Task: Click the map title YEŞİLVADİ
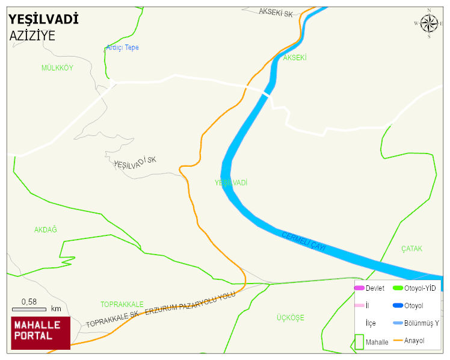(44, 19)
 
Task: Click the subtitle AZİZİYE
(32, 36)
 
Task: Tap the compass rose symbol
(429, 23)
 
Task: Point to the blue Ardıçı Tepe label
(122, 48)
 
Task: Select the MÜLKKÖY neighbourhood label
(57, 68)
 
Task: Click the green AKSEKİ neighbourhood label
(295, 58)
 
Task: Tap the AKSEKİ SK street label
(276, 13)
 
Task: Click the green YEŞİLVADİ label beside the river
(231, 182)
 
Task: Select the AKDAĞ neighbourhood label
(45, 230)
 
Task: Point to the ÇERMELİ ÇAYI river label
(303, 241)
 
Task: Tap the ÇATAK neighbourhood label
(412, 249)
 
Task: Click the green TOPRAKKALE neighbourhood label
(122, 304)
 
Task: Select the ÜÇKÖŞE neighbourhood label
(291, 317)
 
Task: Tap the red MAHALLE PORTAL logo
(40, 333)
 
